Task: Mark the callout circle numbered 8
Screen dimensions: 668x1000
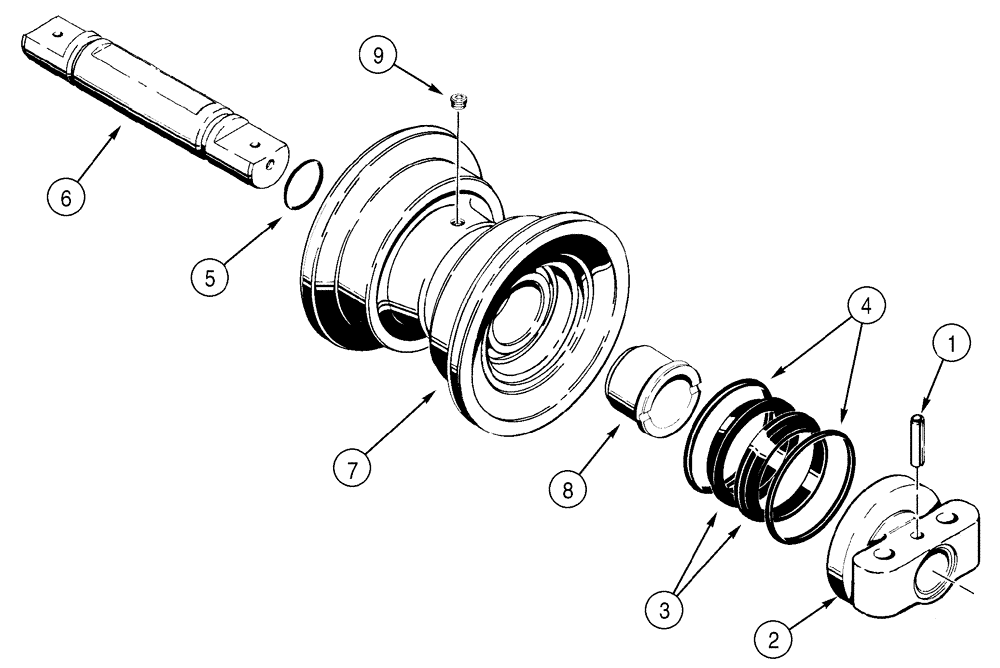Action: (x=568, y=490)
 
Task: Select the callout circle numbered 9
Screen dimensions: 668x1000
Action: (x=378, y=56)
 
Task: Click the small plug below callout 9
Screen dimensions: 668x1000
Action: (x=460, y=99)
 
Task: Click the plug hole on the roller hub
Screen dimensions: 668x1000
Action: (x=456, y=223)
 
